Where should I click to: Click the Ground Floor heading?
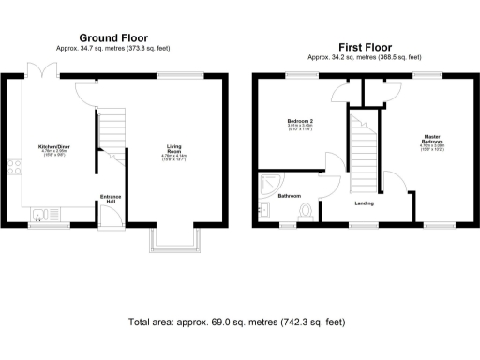point(117,37)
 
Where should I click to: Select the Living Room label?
point(174,147)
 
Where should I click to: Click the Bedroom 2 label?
point(299,122)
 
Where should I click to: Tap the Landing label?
point(365,202)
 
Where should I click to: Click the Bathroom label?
point(290,196)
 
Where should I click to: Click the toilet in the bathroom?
point(302,217)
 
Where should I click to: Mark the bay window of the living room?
point(173,241)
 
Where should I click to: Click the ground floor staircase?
point(112,131)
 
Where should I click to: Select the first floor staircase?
point(363,150)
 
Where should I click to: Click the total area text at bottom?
point(236,322)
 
